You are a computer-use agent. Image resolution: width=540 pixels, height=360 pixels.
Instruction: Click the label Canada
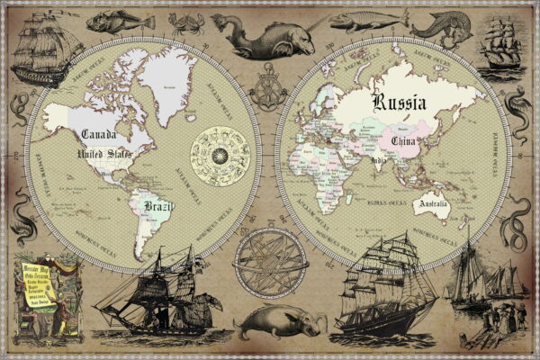(99, 135)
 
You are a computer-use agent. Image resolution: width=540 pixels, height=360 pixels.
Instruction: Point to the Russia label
(400, 102)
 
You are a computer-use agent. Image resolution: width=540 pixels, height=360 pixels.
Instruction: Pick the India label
(379, 162)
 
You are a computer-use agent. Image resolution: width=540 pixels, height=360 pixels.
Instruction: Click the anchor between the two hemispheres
(267, 96)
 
